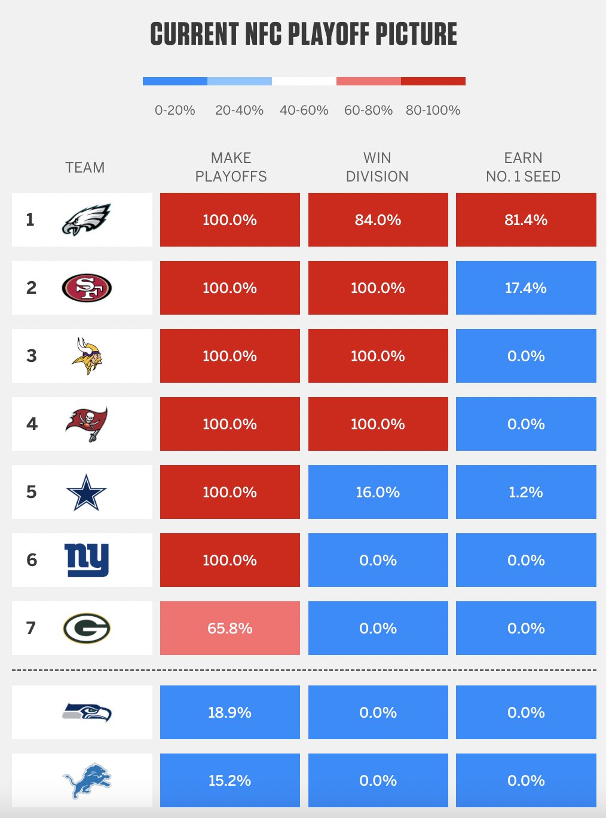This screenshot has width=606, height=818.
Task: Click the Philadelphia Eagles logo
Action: coord(87,220)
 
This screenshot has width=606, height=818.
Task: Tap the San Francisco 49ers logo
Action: coord(87,288)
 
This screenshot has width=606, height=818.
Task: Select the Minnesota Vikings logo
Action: coord(87,356)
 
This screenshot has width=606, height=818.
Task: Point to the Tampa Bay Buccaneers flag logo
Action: coord(87,424)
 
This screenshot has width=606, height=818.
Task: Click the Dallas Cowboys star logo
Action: coord(87,492)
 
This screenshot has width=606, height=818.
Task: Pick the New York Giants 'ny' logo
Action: coord(87,560)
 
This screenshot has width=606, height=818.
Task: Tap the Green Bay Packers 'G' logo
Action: coord(87,628)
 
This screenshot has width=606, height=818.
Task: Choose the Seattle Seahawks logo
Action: coord(87,712)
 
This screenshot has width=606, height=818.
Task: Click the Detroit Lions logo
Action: coord(87,780)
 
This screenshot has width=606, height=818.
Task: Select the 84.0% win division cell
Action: coord(378,220)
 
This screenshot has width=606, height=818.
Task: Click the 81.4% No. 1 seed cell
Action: coord(526,220)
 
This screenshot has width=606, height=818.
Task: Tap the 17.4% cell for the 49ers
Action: coord(526,288)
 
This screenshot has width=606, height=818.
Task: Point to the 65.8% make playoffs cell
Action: coord(229,628)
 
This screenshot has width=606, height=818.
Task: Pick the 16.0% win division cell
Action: coord(378,492)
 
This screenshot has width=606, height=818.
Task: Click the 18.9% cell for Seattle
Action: coord(229,712)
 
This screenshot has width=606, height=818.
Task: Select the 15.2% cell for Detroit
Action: coord(229,780)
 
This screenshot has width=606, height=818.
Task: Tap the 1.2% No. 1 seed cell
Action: coord(526,492)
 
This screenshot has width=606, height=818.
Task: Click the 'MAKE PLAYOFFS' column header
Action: coord(231,167)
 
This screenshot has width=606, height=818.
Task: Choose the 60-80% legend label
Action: coord(368,110)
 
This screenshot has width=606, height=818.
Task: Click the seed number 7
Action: coord(31,628)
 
